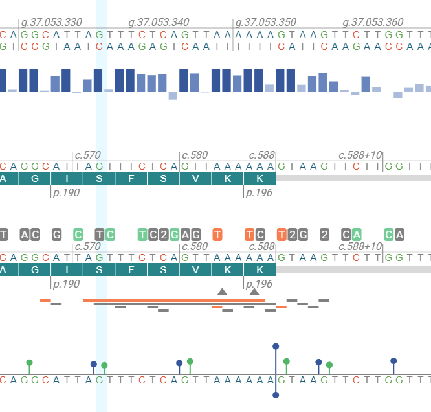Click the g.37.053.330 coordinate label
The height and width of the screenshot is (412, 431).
[51, 23]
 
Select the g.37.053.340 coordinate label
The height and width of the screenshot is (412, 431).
[159, 23]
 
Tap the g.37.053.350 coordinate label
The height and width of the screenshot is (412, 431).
[266, 23]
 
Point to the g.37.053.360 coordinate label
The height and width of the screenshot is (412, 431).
[373, 23]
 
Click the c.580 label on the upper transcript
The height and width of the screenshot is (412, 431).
[195, 155]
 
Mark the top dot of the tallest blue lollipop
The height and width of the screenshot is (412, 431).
[276, 347]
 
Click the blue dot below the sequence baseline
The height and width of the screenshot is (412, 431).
[276, 395]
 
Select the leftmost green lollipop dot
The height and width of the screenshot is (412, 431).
[29, 363]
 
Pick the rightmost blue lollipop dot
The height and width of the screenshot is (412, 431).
[393, 361]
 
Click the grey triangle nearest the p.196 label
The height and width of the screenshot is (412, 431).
[254, 292]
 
